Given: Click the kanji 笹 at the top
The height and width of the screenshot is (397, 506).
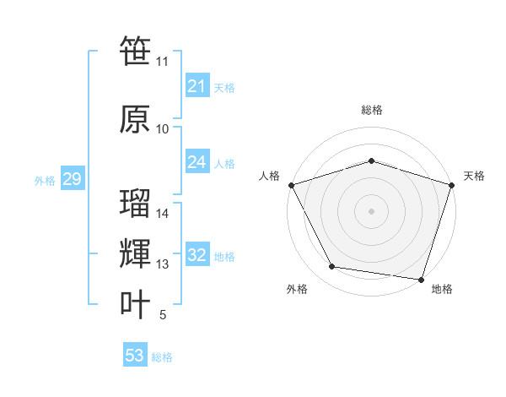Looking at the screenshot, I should pos(135,52).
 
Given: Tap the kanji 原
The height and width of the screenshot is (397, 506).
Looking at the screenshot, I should pos(135,119).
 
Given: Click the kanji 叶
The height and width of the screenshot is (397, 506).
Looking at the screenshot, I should pos(135,304).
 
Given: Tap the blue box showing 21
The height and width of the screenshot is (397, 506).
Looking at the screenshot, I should pos(196,86).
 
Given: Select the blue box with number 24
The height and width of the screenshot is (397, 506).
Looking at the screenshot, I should pos(196,162).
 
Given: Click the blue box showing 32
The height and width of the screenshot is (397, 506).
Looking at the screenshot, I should pos(196,255).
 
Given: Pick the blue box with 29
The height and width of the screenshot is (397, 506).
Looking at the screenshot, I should pos(72,179).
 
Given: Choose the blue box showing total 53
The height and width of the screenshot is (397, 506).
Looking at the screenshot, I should pos(135,356).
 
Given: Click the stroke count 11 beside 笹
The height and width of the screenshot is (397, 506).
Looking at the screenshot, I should pos(162,62).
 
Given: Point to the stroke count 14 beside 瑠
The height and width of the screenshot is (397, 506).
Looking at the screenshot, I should pos(163,214).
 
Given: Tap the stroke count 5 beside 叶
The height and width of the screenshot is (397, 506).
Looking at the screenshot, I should pos(162,315).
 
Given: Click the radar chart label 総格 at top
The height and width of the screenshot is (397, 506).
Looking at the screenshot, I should pos(372,110).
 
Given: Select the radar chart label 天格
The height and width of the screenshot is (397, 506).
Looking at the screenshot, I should pos(474,176).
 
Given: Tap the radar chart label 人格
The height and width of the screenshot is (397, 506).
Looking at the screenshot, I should pos(269,176).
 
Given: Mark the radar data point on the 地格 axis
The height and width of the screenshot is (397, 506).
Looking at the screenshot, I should pos(422,280).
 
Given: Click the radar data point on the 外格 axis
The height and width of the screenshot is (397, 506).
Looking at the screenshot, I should pos(331,267).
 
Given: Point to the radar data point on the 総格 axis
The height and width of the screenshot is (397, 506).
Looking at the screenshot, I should pos(371,160).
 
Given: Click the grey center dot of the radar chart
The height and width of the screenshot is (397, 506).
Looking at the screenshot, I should pos(371,210).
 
